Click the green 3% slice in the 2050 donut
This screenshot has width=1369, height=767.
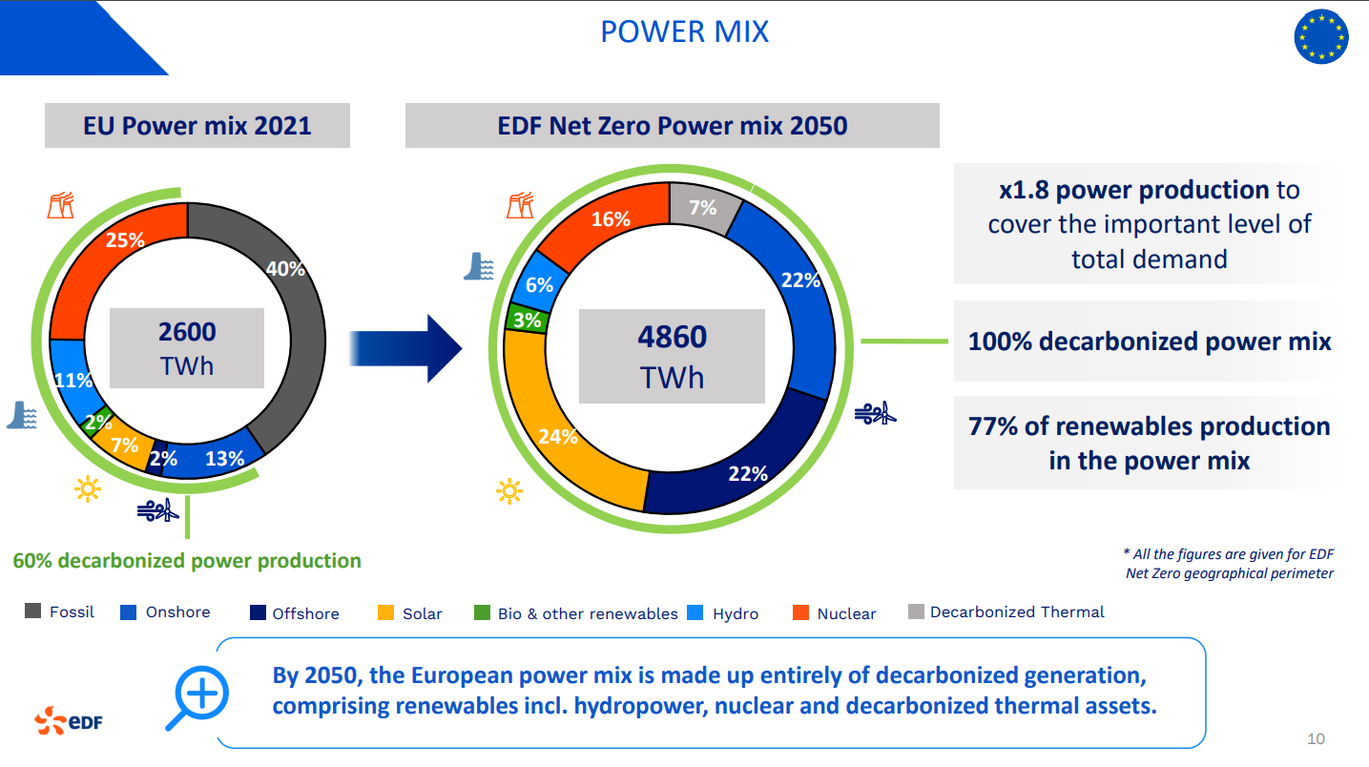(x=526, y=319)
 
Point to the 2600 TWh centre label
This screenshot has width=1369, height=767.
(x=187, y=348)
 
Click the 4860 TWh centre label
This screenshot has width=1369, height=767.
(x=672, y=356)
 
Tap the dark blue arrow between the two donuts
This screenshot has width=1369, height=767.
(x=405, y=348)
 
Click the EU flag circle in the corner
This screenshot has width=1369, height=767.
(x=1321, y=36)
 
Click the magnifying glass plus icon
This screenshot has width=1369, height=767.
(x=197, y=697)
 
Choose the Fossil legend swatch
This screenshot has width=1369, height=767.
(x=33, y=611)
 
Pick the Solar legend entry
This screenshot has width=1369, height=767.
(x=410, y=613)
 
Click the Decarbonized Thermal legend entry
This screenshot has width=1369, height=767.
(x=1006, y=612)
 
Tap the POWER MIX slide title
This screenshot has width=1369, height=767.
(x=685, y=31)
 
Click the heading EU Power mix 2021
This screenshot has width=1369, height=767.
(x=197, y=126)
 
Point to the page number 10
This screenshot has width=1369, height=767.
(x=1316, y=739)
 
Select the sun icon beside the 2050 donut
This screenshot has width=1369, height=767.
(x=509, y=491)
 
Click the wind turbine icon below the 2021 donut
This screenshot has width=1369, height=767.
(x=157, y=509)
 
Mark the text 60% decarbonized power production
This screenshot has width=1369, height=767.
(x=187, y=561)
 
